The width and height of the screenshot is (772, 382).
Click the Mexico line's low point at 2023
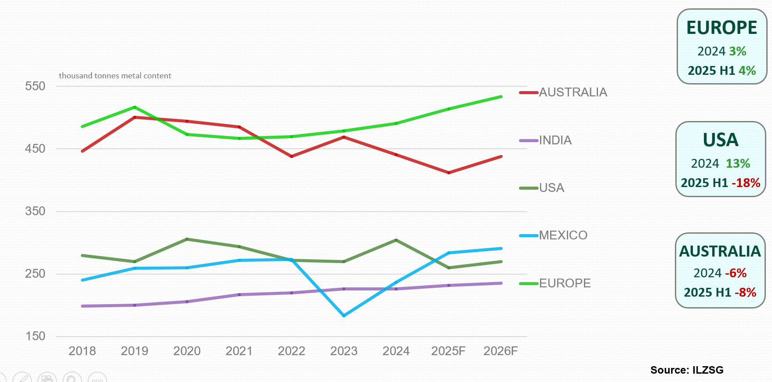click(x=344, y=316)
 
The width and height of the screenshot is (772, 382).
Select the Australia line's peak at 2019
click(x=134, y=117)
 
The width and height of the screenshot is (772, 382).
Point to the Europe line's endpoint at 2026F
click(x=501, y=97)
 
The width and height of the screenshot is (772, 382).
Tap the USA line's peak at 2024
click(x=396, y=240)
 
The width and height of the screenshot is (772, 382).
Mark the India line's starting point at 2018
click(x=83, y=306)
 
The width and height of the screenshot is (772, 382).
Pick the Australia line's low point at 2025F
click(x=449, y=173)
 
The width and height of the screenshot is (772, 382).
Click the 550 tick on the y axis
click(x=35, y=86)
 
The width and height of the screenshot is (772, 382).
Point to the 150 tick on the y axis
click(x=35, y=336)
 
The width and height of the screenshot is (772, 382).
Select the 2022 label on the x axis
click(x=291, y=351)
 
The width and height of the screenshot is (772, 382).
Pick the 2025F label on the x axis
click(x=448, y=351)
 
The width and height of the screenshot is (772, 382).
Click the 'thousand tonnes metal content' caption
click(x=115, y=76)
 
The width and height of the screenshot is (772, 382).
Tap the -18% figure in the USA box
click(x=746, y=183)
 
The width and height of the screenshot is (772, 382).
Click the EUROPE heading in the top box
click(x=721, y=28)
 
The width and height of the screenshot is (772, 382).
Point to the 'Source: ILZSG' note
click(x=687, y=370)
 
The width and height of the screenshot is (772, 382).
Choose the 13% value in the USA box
click(x=738, y=163)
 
